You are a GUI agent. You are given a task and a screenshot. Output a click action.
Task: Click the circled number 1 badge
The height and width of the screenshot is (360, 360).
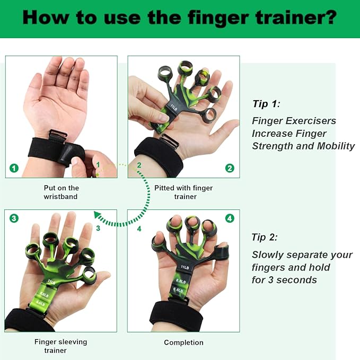[x=14, y=168]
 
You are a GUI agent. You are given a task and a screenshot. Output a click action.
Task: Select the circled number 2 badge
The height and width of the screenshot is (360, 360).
[x=230, y=168]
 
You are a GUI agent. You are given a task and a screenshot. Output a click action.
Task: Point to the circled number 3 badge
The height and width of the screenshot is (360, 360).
[x=14, y=218]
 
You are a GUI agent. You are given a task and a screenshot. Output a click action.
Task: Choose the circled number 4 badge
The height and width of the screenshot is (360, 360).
[x=230, y=218]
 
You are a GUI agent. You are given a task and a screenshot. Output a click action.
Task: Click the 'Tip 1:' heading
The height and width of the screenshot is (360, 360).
[x=266, y=104]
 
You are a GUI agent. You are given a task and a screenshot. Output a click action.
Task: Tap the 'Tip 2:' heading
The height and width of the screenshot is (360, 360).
[x=265, y=237]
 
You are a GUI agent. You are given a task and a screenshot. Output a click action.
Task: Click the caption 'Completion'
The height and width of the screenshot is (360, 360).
[x=183, y=343]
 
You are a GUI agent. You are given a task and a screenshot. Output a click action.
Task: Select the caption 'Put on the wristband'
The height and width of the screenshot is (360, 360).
[x=62, y=192]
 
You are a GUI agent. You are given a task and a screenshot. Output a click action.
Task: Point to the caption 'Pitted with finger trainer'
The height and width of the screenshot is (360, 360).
[x=183, y=192]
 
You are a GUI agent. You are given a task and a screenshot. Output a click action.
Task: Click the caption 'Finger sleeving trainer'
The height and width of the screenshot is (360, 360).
[x=60, y=346]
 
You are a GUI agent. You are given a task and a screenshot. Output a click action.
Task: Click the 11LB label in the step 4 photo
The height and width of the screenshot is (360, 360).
[x=185, y=267]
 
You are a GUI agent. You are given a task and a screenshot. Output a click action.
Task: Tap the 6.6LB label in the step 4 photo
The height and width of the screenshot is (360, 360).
[x=178, y=290]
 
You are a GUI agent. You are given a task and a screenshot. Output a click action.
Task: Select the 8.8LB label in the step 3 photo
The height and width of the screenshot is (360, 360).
[x=44, y=295]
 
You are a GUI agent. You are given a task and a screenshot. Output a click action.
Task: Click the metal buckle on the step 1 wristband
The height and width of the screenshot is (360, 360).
[x=57, y=135]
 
